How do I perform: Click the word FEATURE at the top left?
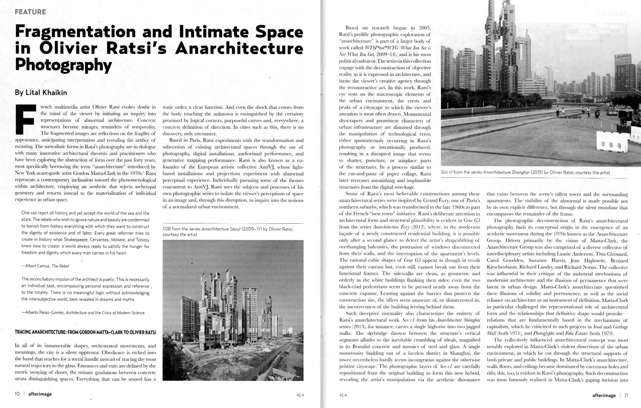click(30, 12)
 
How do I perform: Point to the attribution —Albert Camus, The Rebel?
click(45, 266)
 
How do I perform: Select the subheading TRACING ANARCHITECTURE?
click(85, 332)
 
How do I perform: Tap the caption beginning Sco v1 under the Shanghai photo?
click(525, 172)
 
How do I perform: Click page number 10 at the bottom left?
click(18, 394)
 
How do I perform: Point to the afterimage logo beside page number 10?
click(40, 394)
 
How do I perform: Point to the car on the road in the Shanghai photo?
click(611, 112)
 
